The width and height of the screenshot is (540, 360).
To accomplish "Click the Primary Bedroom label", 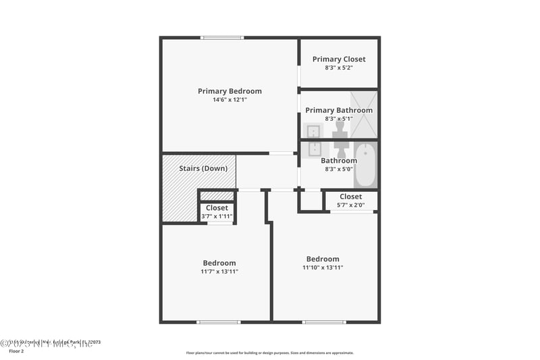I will tap(230, 91).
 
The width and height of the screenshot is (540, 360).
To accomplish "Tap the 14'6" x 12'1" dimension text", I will tap(230, 101).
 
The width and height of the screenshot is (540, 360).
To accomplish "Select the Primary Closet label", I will tap(339, 59).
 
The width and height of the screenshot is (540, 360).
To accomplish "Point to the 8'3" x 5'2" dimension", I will tap(339, 68).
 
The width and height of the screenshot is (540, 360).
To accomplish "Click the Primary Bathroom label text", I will tap(339, 110).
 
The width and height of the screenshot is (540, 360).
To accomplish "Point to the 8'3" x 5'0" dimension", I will tap(339, 170).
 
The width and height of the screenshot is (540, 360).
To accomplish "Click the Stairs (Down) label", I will tap(203, 168).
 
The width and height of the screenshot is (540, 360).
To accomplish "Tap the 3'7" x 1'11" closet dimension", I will tap(217, 216).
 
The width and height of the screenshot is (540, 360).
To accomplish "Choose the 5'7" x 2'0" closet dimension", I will tap(350, 205).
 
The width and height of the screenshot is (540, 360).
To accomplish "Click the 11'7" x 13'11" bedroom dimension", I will tap(219, 272).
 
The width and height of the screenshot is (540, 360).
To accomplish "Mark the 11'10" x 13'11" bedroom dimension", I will tap(323, 267).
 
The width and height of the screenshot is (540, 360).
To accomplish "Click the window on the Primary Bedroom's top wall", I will tap(222, 38).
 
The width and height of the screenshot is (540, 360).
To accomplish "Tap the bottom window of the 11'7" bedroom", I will tap(218, 322).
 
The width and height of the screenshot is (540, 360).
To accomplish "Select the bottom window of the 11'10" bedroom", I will tap(324, 322).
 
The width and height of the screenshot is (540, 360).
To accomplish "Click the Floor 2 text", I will tap(16, 351).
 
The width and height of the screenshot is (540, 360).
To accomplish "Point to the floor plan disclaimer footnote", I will tap(270, 353).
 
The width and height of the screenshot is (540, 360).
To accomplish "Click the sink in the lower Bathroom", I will tap(314, 149).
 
